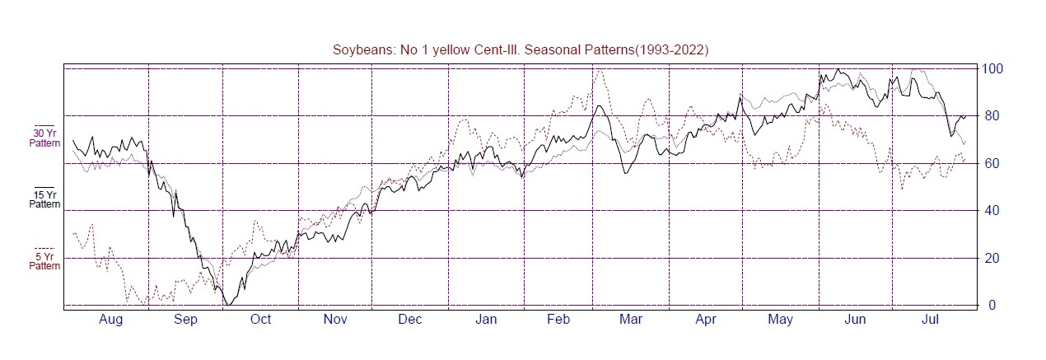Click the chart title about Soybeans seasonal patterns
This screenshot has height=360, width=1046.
(x=521, y=50)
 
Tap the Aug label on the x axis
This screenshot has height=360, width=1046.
(x=110, y=320)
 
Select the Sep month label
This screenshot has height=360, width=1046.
(x=185, y=320)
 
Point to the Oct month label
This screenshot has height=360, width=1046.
(x=260, y=320)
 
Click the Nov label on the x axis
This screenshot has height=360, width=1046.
(x=335, y=320)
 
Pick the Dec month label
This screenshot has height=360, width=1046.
(x=410, y=320)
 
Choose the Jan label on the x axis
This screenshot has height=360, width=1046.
(x=486, y=320)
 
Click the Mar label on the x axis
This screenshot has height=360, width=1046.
(x=631, y=320)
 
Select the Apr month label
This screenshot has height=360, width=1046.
(x=706, y=320)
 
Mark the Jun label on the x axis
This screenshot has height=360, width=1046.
(x=856, y=320)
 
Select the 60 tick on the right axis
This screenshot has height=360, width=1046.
(x=989, y=163)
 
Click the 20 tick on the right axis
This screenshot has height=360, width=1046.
(x=989, y=258)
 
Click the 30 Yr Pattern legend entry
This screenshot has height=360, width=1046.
(x=44, y=138)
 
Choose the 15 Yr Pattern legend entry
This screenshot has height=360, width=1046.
(x=44, y=199)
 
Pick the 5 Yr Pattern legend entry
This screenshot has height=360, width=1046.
(x=44, y=261)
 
